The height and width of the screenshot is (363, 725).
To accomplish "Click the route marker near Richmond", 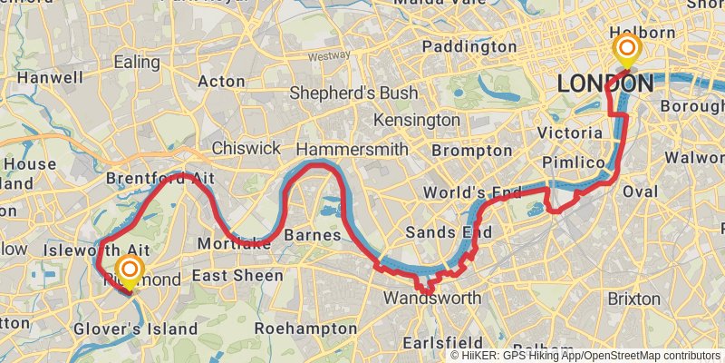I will (130, 270).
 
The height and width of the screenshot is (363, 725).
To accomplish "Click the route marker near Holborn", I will (626, 48).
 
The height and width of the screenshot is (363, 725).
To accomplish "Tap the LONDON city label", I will (604, 83).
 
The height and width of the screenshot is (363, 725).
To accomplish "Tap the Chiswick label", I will (246, 148).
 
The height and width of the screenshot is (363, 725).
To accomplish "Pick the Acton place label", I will (222, 82).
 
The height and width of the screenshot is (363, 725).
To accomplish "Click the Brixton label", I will (634, 299).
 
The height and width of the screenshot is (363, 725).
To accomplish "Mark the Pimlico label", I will (573, 162).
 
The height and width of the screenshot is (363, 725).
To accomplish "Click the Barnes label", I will (312, 235).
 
